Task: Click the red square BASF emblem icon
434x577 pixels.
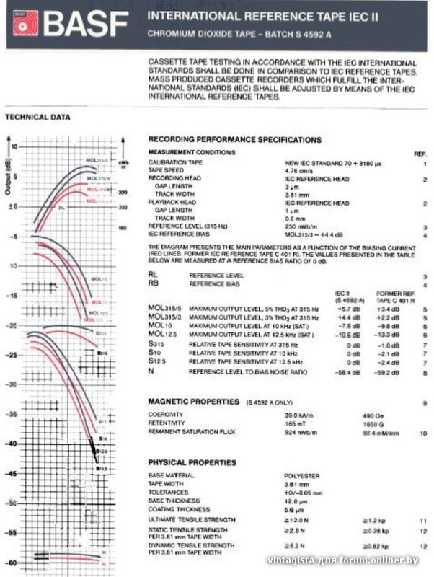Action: pos(25,24)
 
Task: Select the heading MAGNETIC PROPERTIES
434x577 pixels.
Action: pos(193,400)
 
